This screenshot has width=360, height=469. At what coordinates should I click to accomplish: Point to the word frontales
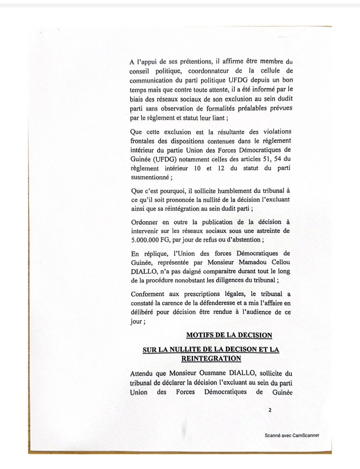(x=144, y=141)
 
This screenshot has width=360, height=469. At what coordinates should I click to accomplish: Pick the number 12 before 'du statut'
(x=221, y=168)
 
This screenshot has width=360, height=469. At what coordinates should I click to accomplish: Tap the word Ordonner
(x=145, y=222)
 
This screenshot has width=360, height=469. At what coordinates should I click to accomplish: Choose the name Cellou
(x=279, y=262)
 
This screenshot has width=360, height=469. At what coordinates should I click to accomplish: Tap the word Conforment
(x=147, y=294)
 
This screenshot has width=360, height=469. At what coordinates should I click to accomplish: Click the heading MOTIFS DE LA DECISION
(x=229, y=335)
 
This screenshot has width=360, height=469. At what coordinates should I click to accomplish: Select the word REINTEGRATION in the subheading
(x=211, y=359)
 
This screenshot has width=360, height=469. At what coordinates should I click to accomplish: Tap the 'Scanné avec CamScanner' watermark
(x=292, y=435)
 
